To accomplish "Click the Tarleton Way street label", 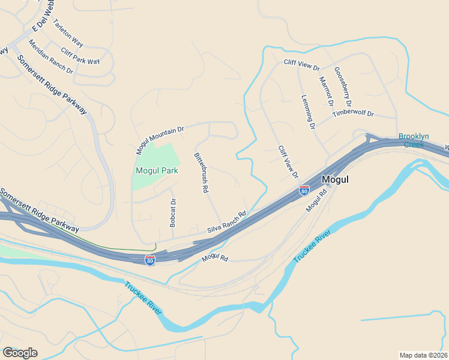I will tap(68, 33).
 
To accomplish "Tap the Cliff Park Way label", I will tap(80, 57).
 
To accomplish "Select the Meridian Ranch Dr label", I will tap(50, 58).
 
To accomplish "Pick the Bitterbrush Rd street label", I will tap(200, 172).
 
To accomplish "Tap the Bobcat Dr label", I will tap(173, 212).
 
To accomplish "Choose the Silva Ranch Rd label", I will tap(227, 222).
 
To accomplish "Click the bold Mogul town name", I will tap(335, 179).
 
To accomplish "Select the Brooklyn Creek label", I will tap(414, 140).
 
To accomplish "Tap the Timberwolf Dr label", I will tap(353, 113).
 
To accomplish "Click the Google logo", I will tap(20, 353).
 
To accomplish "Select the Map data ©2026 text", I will tap(424, 355).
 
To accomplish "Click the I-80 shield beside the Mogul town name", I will tap(304, 190).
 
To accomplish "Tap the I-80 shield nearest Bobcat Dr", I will tap(149, 260).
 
